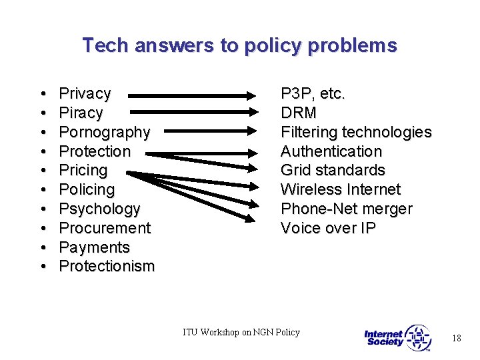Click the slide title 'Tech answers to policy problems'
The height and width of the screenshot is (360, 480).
pos(239,45)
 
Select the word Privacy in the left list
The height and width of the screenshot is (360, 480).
pos(85,93)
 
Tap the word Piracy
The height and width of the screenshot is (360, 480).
pos(81,113)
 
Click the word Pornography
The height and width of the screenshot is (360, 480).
pos(104,132)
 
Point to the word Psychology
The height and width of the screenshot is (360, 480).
pos(99,209)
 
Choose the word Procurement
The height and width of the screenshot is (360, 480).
pos(105,228)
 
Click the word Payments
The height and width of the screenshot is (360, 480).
pos(94,247)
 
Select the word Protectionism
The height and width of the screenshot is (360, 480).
pos(107,267)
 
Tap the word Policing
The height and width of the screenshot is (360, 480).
pos(87,189)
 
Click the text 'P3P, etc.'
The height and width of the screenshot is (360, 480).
pos(313,93)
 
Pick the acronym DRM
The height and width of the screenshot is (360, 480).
pos(299,113)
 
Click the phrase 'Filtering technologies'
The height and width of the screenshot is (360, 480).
pos(356,132)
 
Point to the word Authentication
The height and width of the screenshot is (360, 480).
pos(331,151)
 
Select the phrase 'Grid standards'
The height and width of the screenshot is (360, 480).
pos(333,170)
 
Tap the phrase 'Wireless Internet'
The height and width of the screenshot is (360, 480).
pos(341,189)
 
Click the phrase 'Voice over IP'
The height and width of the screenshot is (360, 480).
pos(329,228)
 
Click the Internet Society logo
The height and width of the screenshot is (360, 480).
pos(398,338)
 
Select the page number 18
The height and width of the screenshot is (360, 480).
pos(456,339)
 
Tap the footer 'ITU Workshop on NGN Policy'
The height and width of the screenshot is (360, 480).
pos(241,332)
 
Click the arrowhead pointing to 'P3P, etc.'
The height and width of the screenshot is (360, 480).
pos(261,95)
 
